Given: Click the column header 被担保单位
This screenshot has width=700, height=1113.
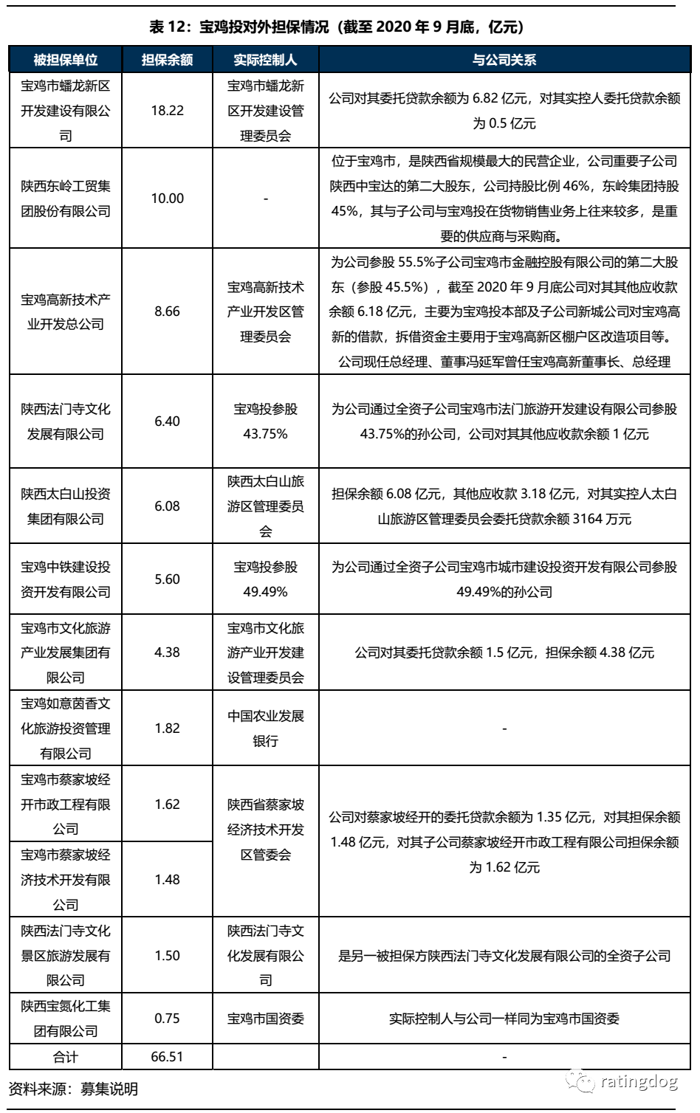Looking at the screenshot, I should click(x=66, y=60).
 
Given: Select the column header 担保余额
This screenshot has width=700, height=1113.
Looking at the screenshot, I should click(x=167, y=60).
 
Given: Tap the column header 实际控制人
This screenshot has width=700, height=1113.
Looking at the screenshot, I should click(x=265, y=60).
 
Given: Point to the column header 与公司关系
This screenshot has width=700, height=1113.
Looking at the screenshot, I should click(x=504, y=60).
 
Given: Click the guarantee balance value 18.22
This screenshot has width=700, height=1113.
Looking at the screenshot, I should click(x=167, y=111).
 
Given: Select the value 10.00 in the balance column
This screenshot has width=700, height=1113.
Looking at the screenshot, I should click(x=167, y=199).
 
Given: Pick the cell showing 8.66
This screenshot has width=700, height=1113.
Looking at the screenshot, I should click(x=167, y=311).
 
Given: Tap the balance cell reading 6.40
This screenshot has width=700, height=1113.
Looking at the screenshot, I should click(x=167, y=421).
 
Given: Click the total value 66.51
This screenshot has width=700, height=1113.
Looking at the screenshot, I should click(x=167, y=1057).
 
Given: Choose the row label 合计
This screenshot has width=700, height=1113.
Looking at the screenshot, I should click(x=66, y=1057).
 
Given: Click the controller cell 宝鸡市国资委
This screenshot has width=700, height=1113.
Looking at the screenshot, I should click(x=265, y=1019).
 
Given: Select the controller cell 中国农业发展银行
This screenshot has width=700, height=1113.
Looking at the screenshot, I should click(x=265, y=728).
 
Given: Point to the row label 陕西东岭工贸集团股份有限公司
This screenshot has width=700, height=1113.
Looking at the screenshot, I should click(x=66, y=199).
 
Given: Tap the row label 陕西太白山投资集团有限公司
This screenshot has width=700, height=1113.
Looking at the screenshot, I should click(x=66, y=506).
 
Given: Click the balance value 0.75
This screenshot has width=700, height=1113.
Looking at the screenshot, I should click(x=167, y=1019).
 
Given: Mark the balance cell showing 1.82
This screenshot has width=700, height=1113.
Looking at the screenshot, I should click(x=167, y=728).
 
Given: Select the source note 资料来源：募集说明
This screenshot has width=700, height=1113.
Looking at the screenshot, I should click(x=73, y=1089).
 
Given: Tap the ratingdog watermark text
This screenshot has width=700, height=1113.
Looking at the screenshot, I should click(x=639, y=1082).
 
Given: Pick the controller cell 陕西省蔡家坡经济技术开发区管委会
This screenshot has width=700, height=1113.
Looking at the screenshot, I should click(x=265, y=830).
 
